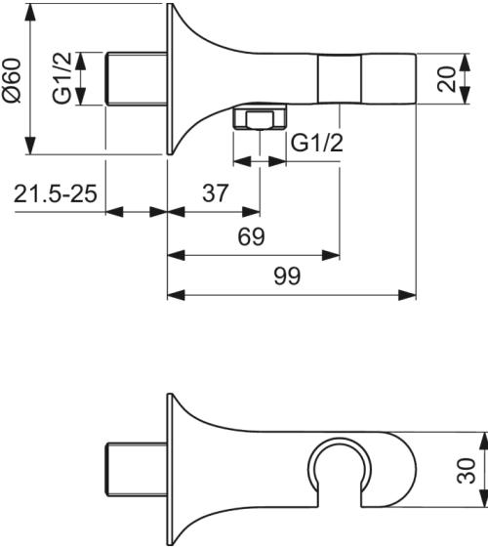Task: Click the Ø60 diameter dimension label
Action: (13, 78)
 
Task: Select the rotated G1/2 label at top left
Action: (61, 79)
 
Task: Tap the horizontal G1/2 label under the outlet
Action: (318, 143)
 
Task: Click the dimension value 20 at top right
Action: (447, 79)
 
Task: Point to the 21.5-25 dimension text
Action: (56, 193)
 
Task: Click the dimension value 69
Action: (251, 237)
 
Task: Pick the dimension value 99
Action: (287, 276)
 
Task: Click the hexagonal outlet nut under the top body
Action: (258, 122)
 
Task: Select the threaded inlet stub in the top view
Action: (135, 78)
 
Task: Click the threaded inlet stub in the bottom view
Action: (135, 470)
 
